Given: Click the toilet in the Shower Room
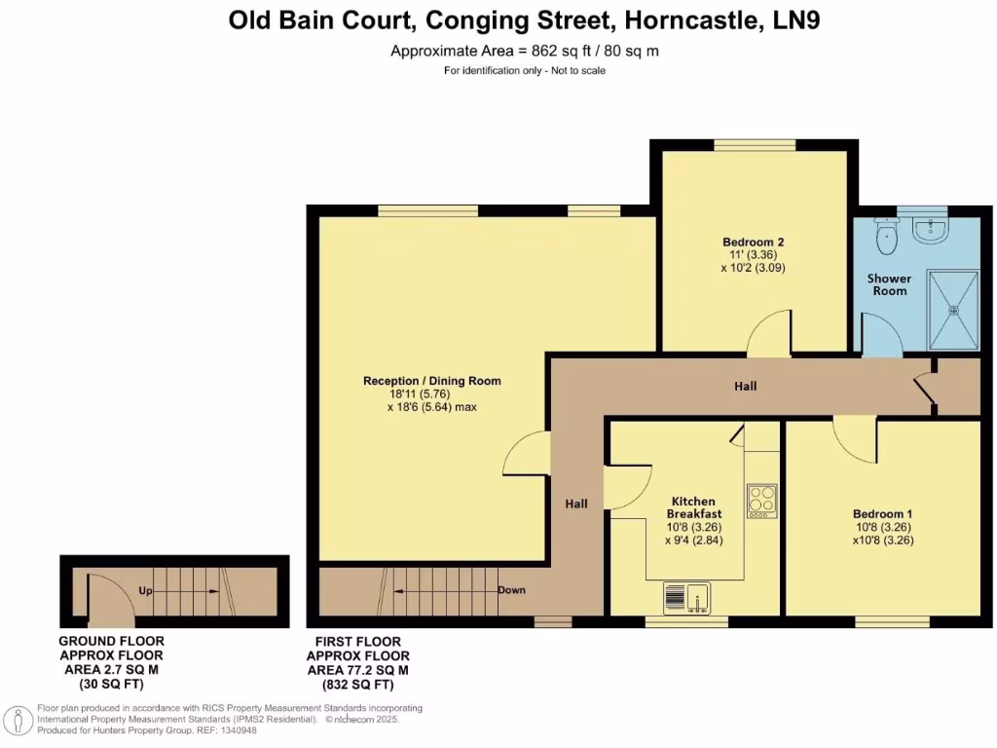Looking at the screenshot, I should click(x=886, y=235).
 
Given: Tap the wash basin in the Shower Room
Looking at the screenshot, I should click(x=933, y=229).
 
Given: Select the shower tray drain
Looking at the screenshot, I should click(x=954, y=310).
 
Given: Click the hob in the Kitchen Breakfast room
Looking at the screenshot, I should click(x=761, y=500).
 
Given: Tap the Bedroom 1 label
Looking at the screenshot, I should click(x=883, y=513).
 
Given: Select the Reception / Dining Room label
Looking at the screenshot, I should click(x=431, y=381).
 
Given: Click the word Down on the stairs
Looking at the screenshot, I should click(x=511, y=590).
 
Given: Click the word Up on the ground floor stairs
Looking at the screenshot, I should click(x=144, y=591).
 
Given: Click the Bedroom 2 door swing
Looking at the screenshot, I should click(x=769, y=334).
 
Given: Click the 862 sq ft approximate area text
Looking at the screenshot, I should click(x=524, y=51).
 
